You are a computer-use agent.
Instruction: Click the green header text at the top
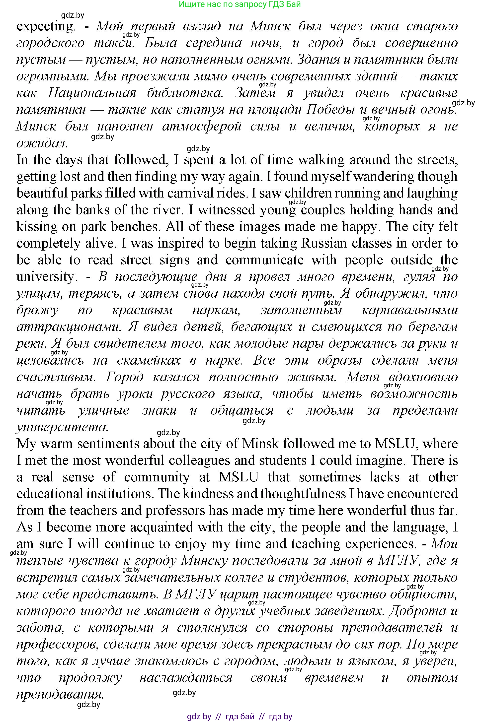pyautogui.click(x=240, y=4)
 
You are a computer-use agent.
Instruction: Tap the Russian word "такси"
pyautogui.click(x=114, y=43)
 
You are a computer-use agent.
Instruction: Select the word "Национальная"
pyautogui.click(x=92, y=93)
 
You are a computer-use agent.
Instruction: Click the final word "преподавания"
pyautogui.click(x=60, y=694)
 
